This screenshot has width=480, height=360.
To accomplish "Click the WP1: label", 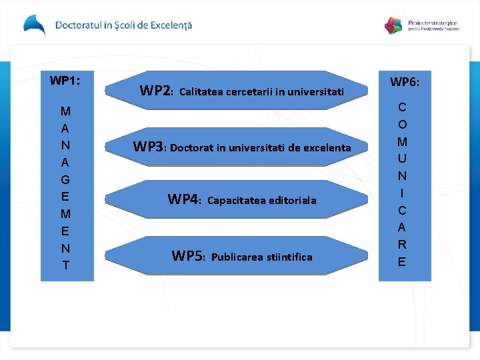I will [65, 81].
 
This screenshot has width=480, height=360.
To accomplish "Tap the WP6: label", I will [405, 82].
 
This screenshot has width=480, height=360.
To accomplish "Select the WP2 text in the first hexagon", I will [156, 90].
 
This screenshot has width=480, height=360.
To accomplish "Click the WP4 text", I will [184, 199].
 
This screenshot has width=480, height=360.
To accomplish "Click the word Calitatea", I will [202, 91].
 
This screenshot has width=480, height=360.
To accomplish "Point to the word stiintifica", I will [289, 257].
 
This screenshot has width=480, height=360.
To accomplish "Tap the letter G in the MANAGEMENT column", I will [65, 179].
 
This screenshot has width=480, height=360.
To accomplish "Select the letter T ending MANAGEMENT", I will [65, 265].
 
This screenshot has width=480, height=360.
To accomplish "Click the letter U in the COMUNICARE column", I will [402, 159].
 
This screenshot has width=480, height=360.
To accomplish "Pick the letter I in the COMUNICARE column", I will [402, 193].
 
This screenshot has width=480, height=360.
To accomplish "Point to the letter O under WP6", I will [402, 125].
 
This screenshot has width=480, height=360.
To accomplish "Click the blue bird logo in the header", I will [35, 25].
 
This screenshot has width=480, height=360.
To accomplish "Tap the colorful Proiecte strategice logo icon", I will [394, 25].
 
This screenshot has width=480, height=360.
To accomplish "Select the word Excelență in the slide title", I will [169, 25].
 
